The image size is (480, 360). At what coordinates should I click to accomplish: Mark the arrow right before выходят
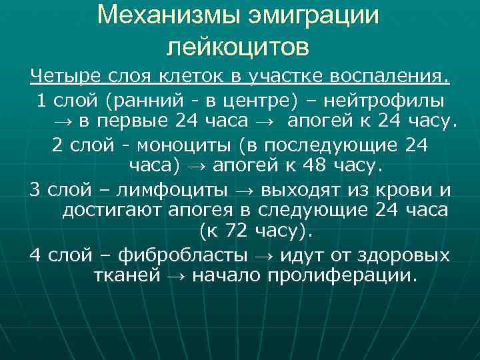click(244, 190)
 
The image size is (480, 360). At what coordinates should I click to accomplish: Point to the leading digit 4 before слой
click(35, 255)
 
